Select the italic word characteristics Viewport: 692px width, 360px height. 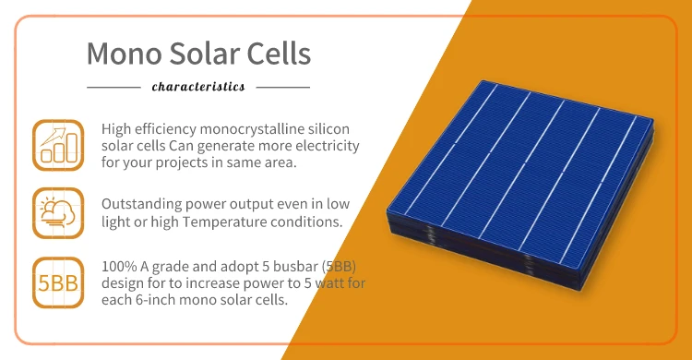pos(197,87)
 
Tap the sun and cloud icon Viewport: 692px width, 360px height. pos(56,211)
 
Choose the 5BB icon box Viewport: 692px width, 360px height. pos(56,281)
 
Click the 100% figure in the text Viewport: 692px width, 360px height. pos(119,264)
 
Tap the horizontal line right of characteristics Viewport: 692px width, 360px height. pos(282,87)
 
